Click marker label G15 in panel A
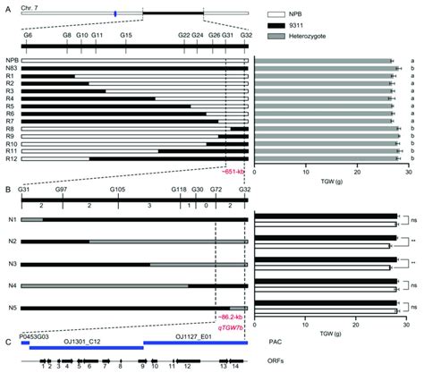[126, 33]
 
